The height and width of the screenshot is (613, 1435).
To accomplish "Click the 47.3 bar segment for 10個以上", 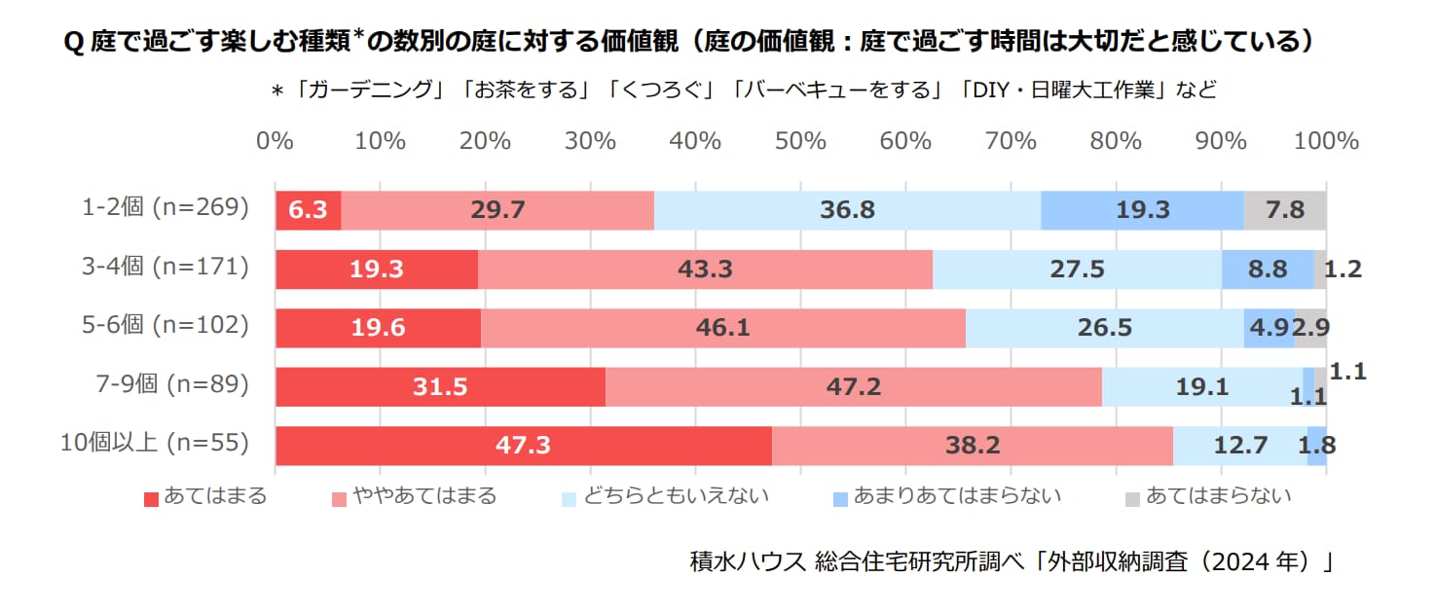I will click(524, 446).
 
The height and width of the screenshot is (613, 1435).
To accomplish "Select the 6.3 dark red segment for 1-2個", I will click(309, 210).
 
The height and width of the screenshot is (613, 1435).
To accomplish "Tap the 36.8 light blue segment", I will click(847, 210).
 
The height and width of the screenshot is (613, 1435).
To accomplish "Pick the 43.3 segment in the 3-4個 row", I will click(705, 270).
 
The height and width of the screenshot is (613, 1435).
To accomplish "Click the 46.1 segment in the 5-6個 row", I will click(722, 328).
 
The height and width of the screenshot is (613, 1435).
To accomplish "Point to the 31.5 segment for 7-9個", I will click(440, 387).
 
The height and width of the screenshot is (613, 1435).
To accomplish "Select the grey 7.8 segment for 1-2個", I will click(1285, 210).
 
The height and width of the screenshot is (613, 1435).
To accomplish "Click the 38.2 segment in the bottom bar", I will click(972, 446).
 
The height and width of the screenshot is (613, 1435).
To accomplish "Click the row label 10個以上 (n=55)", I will click(155, 443).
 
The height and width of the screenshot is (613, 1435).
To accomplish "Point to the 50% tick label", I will click(800, 141).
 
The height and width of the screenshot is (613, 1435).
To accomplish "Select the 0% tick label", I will click(275, 141).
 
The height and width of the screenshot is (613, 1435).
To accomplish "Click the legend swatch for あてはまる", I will click(151, 499).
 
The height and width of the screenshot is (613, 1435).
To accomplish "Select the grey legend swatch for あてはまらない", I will click(1132, 499).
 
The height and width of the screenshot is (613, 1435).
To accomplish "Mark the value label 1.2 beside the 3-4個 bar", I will click(1343, 270).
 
